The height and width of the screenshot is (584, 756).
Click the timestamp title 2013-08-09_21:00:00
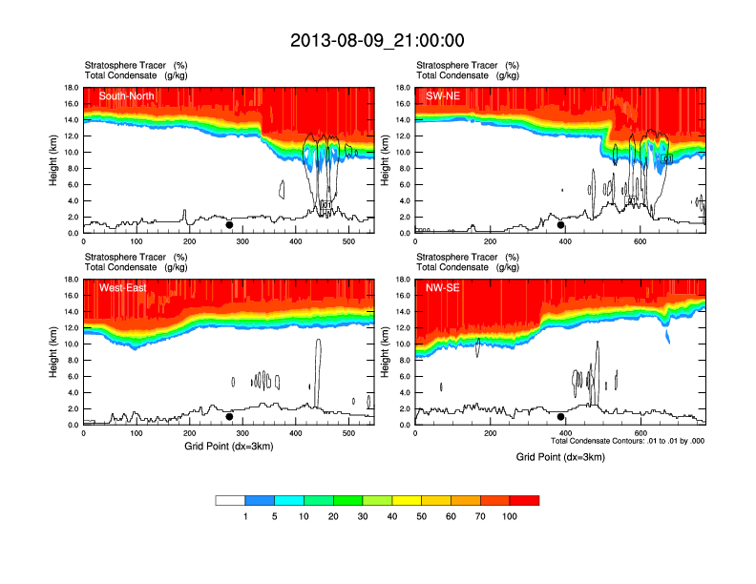tap(377, 40)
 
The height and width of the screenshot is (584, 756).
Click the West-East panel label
tap(122, 287)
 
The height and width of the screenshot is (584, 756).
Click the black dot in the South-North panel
tap(229, 225)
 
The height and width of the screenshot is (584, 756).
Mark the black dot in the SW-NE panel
tap(561, 225)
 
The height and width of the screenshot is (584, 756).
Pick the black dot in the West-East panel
tap(229, 417)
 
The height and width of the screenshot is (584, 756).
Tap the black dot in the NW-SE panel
tap(561, 417)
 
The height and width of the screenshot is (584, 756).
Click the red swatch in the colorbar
tap(524, 500)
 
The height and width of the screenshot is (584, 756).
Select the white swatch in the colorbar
tap(230, 500)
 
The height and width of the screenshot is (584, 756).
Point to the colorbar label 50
tap(421, 516)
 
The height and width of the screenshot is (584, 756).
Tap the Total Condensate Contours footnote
tap(627, 441)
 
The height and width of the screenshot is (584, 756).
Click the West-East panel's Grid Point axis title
tap(228, 446)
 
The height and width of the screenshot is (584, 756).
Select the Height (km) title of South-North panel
tap(53, 160)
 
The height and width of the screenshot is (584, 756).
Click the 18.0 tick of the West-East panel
tap(71, 280)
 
